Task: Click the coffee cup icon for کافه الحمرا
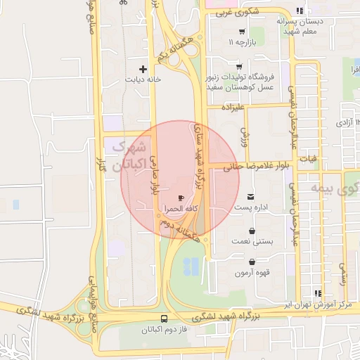point(181,199)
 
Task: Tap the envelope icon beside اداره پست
point(252,196)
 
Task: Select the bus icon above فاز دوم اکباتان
point(165,318)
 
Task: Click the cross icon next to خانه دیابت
point(143,69)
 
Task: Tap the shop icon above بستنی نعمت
point(252,230)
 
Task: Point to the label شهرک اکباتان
point(131,156)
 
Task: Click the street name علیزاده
point(232,108)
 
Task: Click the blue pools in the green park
point(191,266)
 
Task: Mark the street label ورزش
point(245,134)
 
